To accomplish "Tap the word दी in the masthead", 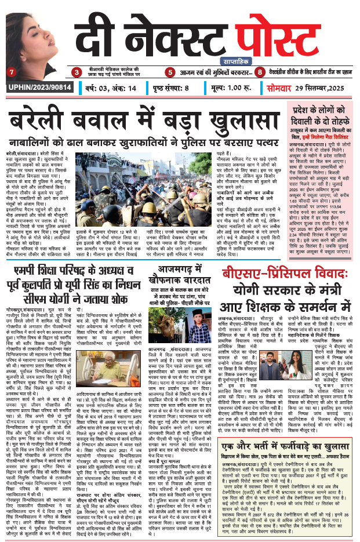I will click(x=90, y=34).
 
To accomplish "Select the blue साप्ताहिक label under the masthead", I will click(x=218, y=60).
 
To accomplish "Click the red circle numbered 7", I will click(x=11, y=72).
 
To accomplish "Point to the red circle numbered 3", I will click(x=76, y=72).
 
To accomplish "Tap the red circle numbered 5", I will click(x=170, y=72).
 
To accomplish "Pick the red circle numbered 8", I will click(x=260, y=72).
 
